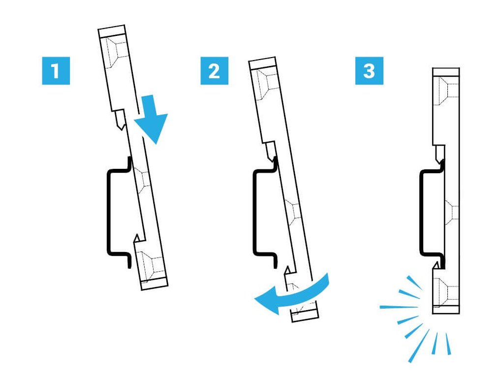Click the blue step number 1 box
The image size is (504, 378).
click(x=56, y=71)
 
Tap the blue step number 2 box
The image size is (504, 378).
click(x=215, y=71)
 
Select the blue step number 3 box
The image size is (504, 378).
click(x=369, y=71)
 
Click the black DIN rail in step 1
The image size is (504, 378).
click(x=109, y=212)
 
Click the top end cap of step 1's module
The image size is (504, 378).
click(x=112, y=31)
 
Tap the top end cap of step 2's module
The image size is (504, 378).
click(x=262, y=63)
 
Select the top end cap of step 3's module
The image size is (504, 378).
click(x=446, y=72)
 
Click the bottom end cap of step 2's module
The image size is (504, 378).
click(x=305, y=315)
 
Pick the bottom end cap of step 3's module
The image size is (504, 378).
click(x=446, y=310)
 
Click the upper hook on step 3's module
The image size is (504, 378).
click(x=439, y=154)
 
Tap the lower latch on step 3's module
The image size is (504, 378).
click(x=438, y=266)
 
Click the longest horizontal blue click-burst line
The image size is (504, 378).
click(x=399, y=307)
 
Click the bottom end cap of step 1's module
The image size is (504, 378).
click(x=155, y=284)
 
